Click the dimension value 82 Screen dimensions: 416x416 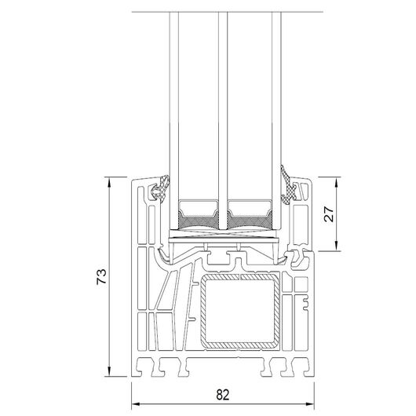click(222, 395)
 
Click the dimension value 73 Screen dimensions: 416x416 click(101, 277)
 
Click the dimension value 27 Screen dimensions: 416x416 click(329, 213)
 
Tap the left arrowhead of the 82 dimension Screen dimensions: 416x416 click(136, 404)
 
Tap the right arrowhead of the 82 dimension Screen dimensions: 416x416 click(310, 404)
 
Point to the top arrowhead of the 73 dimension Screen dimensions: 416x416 click(109, 181)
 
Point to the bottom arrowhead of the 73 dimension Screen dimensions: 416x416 click(109, 372)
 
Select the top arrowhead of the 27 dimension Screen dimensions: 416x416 click(337, 181)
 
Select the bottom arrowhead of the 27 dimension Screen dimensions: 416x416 click(337, 246)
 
